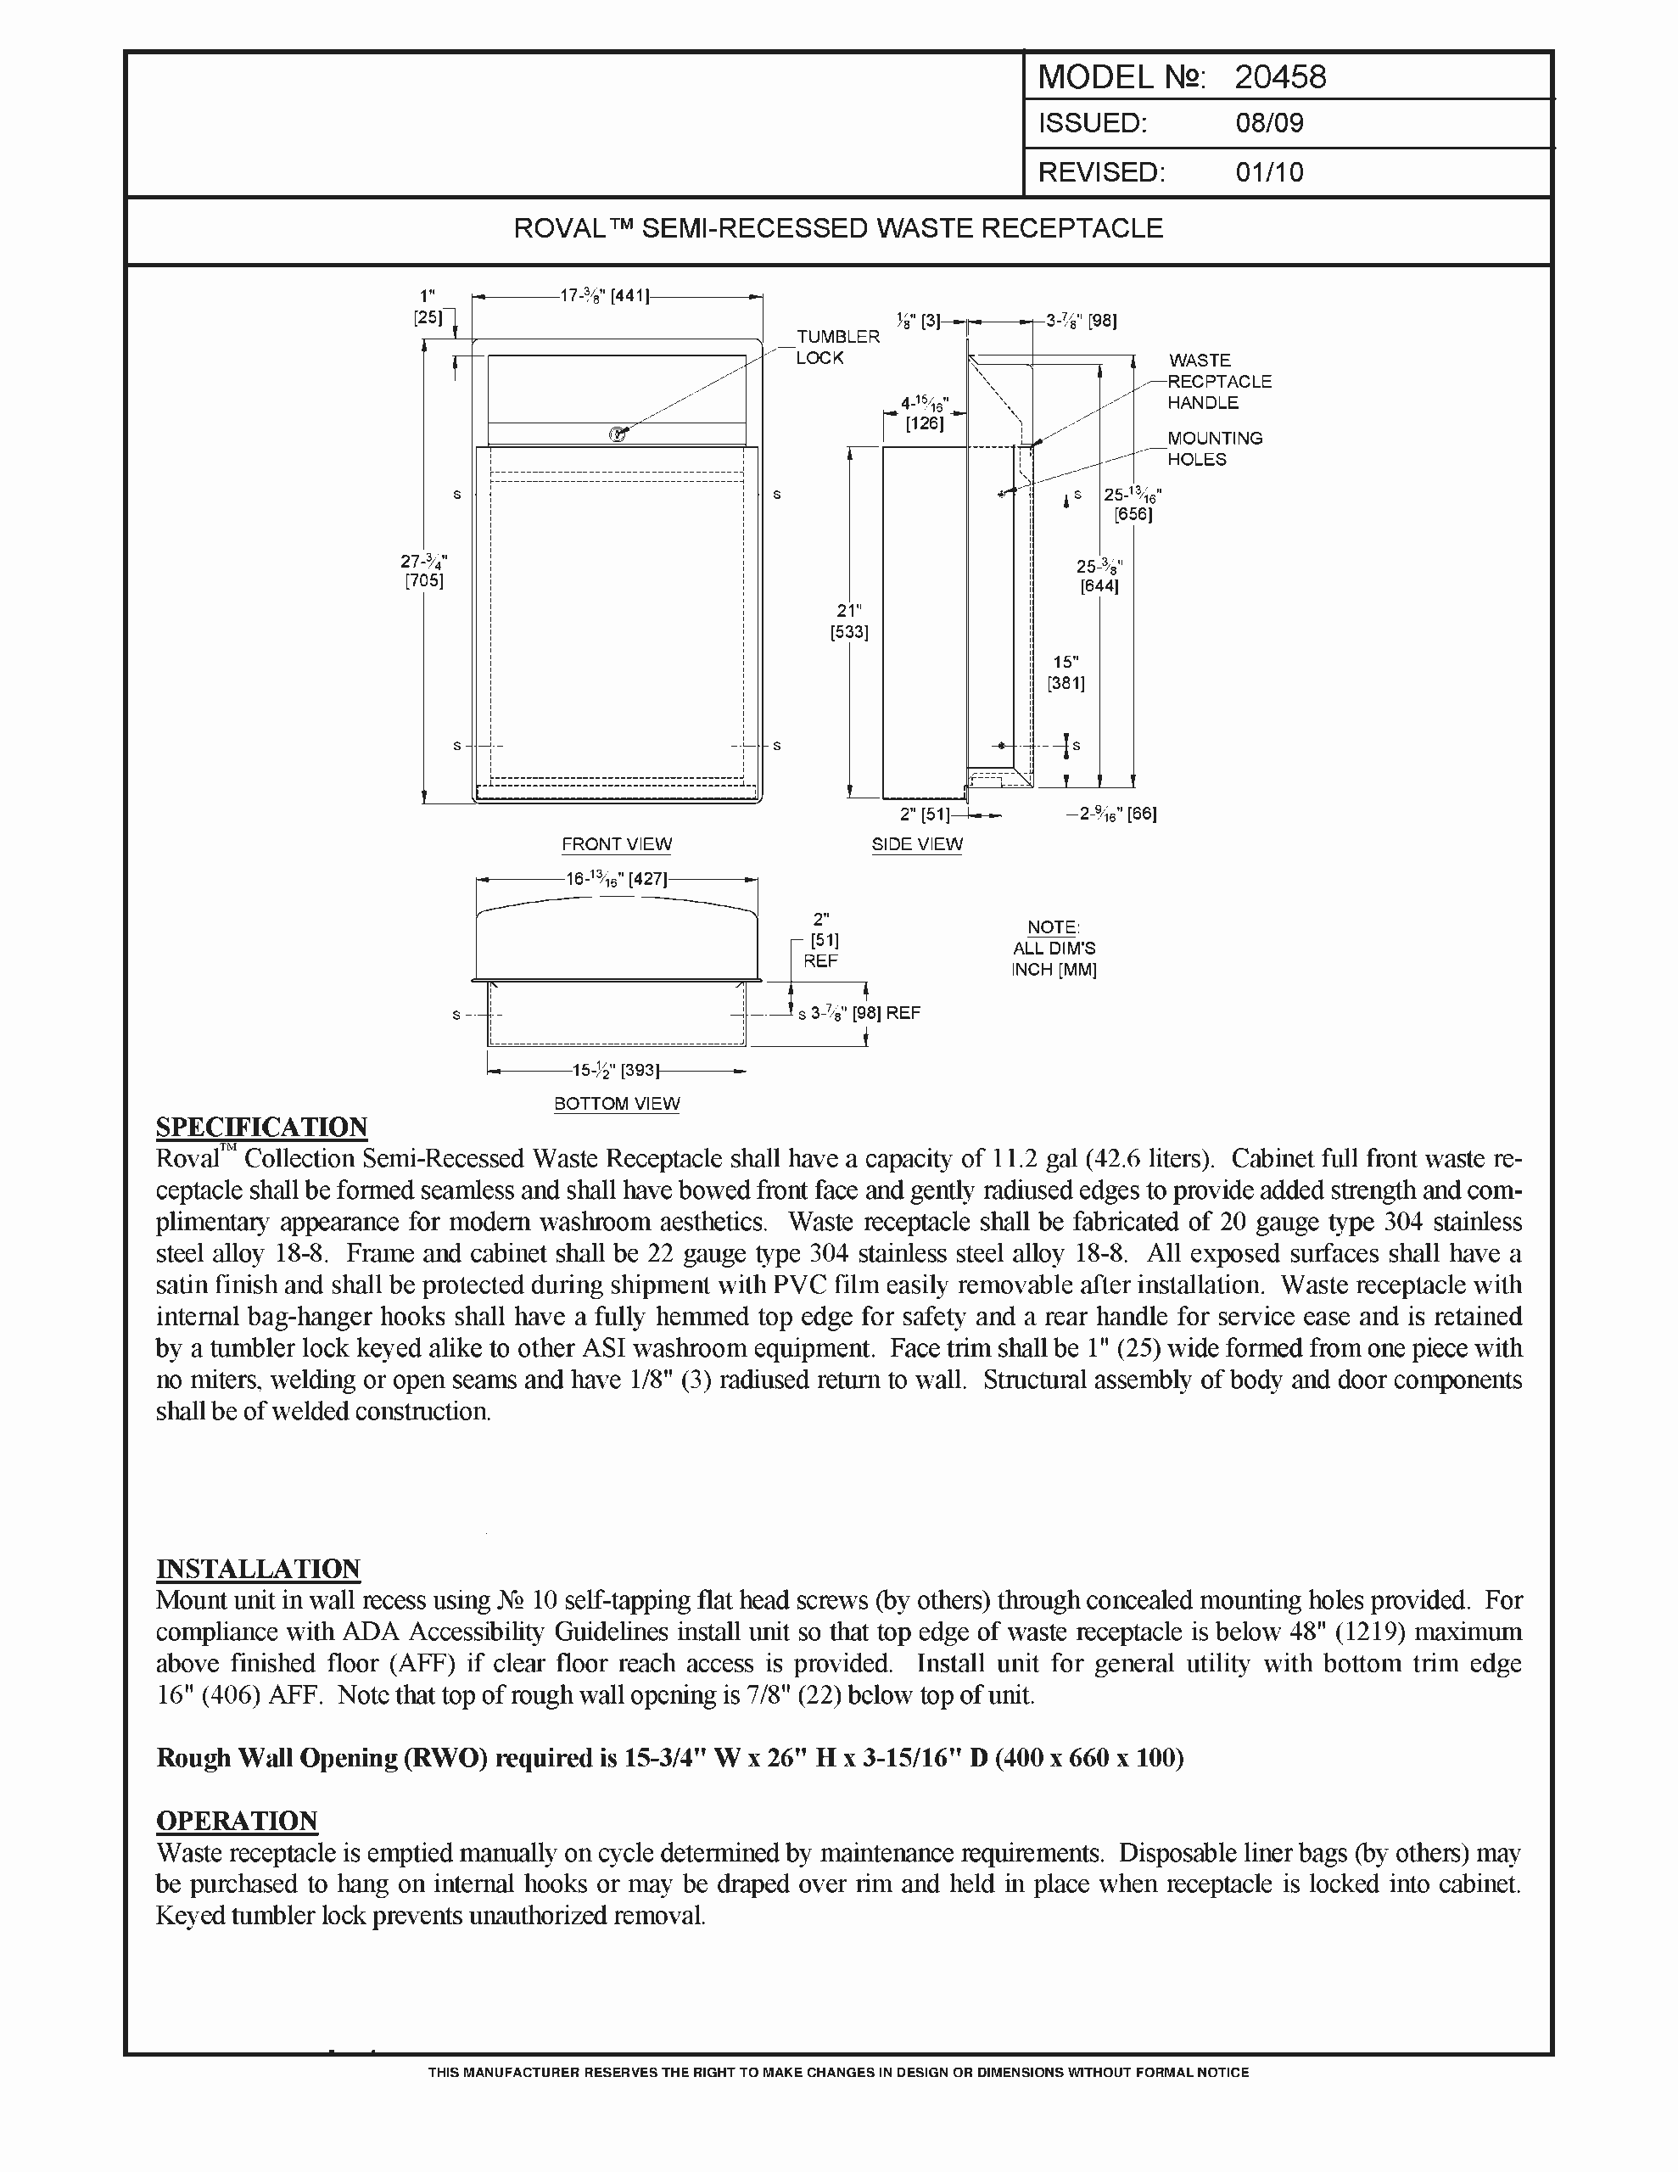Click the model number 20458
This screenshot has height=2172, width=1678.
1280,77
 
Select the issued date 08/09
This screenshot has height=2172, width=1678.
1269,123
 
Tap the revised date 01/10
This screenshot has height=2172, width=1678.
1269,172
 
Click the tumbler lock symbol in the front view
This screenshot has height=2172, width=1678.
618,434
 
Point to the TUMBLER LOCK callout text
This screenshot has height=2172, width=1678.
837,347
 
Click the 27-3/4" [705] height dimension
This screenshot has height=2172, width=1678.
423,571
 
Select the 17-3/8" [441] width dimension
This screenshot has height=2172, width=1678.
604,295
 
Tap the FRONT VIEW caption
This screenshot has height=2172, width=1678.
617,844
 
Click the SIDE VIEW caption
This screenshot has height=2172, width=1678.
917,844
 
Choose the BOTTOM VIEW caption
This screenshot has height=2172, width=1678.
617,1104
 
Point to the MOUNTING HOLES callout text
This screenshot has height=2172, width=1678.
1215,449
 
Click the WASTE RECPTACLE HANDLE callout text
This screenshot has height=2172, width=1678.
1218,381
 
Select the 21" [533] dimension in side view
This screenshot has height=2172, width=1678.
848,622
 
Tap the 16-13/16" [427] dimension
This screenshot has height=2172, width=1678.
617,879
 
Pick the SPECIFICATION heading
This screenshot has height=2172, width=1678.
261,1127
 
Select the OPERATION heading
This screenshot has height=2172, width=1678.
237,1820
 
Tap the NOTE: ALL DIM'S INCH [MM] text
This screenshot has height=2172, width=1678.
1054,948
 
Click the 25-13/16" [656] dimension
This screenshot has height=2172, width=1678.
1133,504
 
